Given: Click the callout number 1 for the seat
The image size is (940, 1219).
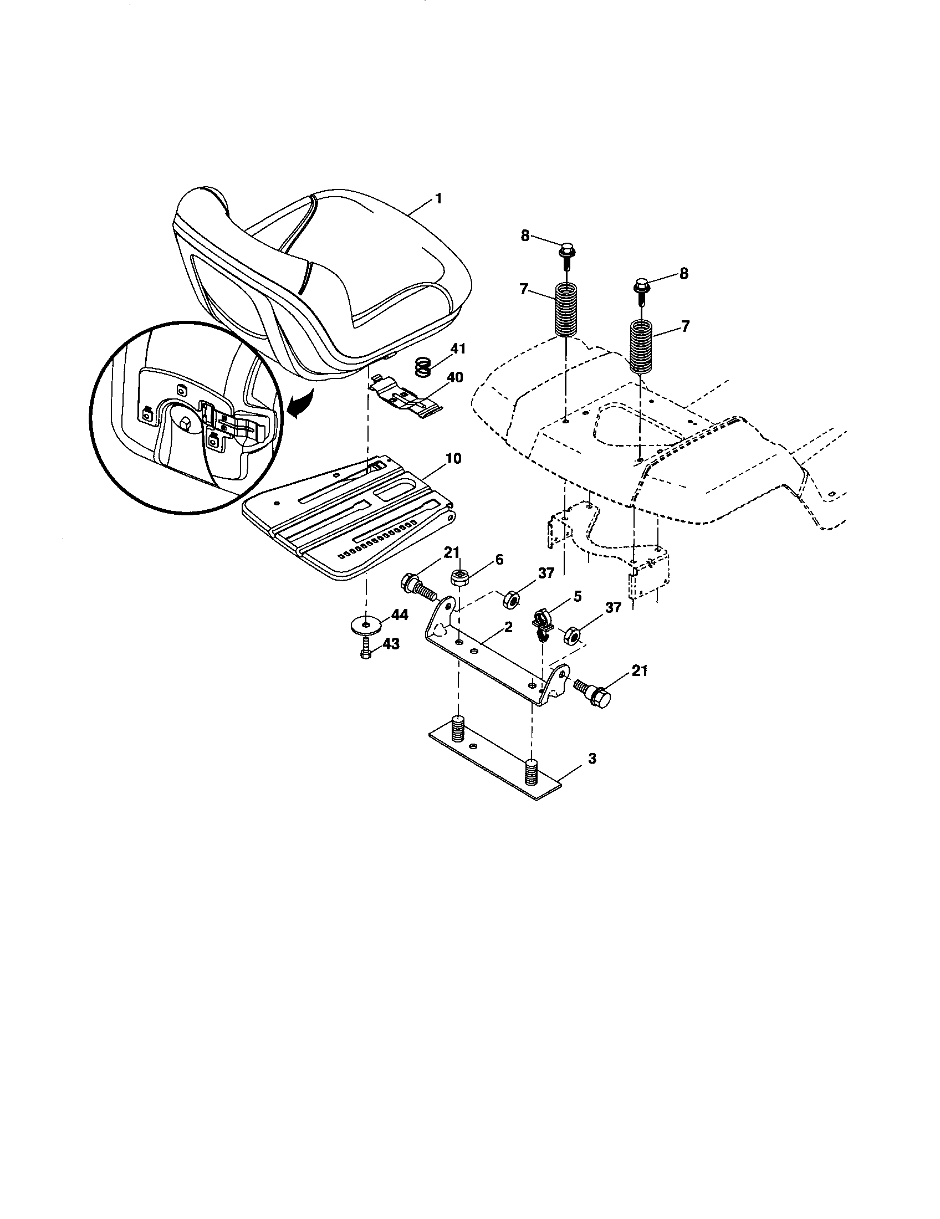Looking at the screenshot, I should [x=439, y=199].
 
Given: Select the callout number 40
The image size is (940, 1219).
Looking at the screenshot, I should [x=455, y=377].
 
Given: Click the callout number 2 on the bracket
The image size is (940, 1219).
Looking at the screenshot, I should [x=507, y=627].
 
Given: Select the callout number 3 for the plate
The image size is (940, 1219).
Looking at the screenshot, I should [x=593, y=759].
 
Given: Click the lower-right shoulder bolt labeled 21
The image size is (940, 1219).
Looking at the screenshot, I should [x=594, y=692].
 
